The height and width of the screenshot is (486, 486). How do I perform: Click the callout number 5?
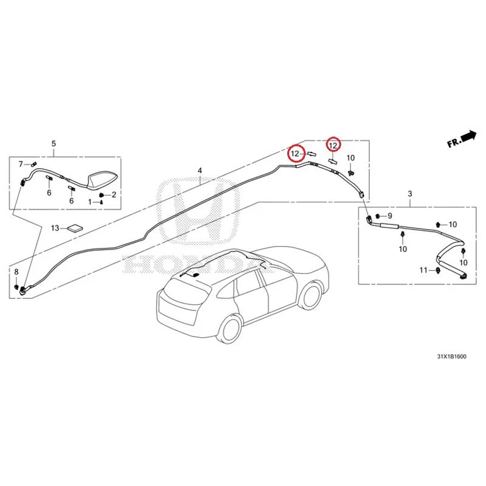click(x=53, y=143)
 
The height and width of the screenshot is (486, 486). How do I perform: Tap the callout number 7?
click(x=21, y=163)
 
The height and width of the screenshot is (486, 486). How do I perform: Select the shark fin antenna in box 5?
click(x=102, y=180)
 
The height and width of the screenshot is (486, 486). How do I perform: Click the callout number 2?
click(x=114, y=194)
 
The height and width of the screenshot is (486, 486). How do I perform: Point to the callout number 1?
click(x=90, y=202)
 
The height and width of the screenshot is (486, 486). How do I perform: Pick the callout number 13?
click(x=55, y=228)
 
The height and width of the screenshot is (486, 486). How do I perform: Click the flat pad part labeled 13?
click(x=75, y=228)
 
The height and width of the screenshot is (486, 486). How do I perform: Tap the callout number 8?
click(x=16, y=272)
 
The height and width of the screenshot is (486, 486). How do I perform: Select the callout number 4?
click(x=200, y=171)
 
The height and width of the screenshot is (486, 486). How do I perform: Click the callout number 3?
click(x=409, y=194)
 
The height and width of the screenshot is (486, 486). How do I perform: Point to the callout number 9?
click(x=390, y=216)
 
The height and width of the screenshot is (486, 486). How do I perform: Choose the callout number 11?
click(x=423, y=270)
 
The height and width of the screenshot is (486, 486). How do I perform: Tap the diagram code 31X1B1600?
click(x=451, y=357)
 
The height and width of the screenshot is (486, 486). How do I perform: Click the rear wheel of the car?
click(x=230, y=329)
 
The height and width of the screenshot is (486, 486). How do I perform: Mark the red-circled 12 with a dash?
click(x=295, y=154)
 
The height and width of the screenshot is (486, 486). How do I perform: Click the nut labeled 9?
click(x=378, y=216)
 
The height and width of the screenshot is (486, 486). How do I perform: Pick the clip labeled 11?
click(x=437, y=270)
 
